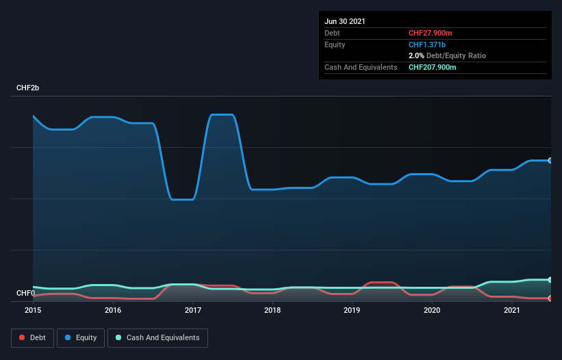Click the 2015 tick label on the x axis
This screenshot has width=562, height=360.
pos(33,311)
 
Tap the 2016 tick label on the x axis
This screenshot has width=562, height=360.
pos(113,311)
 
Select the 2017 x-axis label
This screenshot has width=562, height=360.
pos(193,311)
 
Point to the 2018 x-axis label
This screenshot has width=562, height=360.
pos(272,311)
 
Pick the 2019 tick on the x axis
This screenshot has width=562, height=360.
pos(353,311)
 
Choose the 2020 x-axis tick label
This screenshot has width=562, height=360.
pos(432,311)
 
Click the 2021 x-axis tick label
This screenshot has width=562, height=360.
pos(512,311)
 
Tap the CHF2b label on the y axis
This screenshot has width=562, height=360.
pos(28,88)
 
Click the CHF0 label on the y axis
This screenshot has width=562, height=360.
pos(25,294)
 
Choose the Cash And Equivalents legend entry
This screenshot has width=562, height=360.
pos(157,337)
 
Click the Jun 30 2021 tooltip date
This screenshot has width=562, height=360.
pos(344,21)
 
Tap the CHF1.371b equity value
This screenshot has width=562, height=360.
pos(426,44)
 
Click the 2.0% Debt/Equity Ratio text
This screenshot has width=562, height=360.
pos(447,55)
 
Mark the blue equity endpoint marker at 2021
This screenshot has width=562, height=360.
pos(550,161)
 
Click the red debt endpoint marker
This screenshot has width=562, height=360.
pos(550,298)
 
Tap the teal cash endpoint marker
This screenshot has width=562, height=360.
pos(550,280)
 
